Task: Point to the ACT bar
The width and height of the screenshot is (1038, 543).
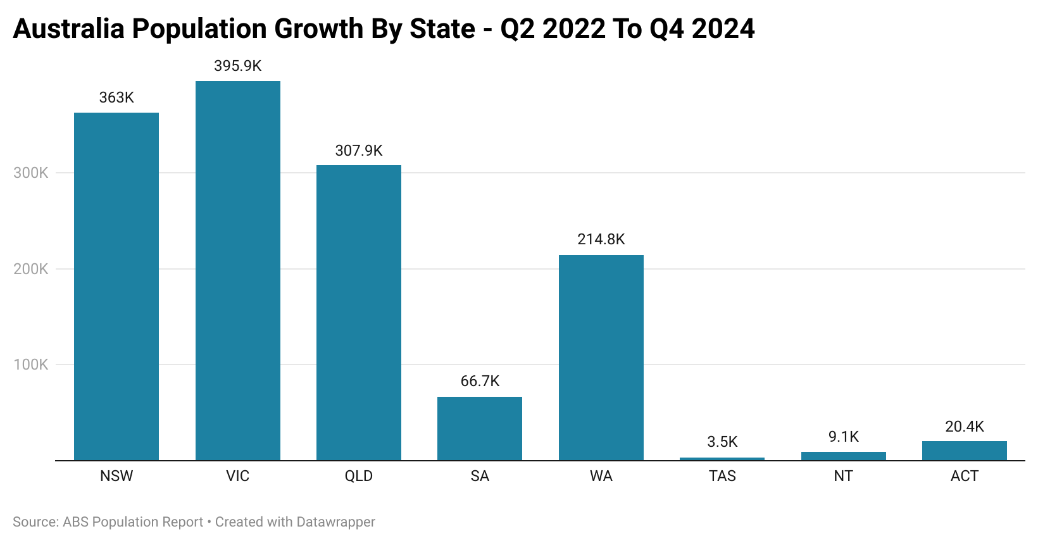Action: pyautogui.click(x=964, y=451)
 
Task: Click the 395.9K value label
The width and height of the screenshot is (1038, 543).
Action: pyautogui.click(x=237, y=66)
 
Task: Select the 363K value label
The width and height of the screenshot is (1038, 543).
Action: pyautogui.click(x=116, y=97)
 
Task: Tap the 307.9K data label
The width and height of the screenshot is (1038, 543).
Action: pyautogui.click(x=359, y=151)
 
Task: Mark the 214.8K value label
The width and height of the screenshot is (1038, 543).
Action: pyautogui.click(x=601, y=239)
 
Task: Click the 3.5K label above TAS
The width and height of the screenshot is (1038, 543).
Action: pyautogui.click(x=722, y=442)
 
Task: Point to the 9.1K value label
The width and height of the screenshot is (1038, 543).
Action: pyautogui.click(x=843, y=437)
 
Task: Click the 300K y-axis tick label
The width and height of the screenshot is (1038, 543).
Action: pyautogui.click(x=30, y=173)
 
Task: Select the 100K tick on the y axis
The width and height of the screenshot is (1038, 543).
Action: pyautogui.click(x=30, y=365)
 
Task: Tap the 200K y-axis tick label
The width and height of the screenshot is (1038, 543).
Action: pyautogui.click(x=30, y=269)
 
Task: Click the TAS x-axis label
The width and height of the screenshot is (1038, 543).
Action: pyautogui.click(x=722, y=476)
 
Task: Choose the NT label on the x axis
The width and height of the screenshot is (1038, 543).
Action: pyautogui.click(x=843, y=476)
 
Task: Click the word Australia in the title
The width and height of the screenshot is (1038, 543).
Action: pyautogui.click(x=68, y=29)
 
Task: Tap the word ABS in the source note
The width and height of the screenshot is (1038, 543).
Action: pyautogui.click(x=75, y=522)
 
